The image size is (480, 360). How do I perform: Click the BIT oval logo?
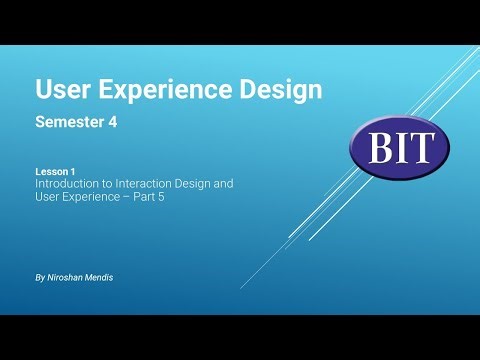[x=399, y=147]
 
